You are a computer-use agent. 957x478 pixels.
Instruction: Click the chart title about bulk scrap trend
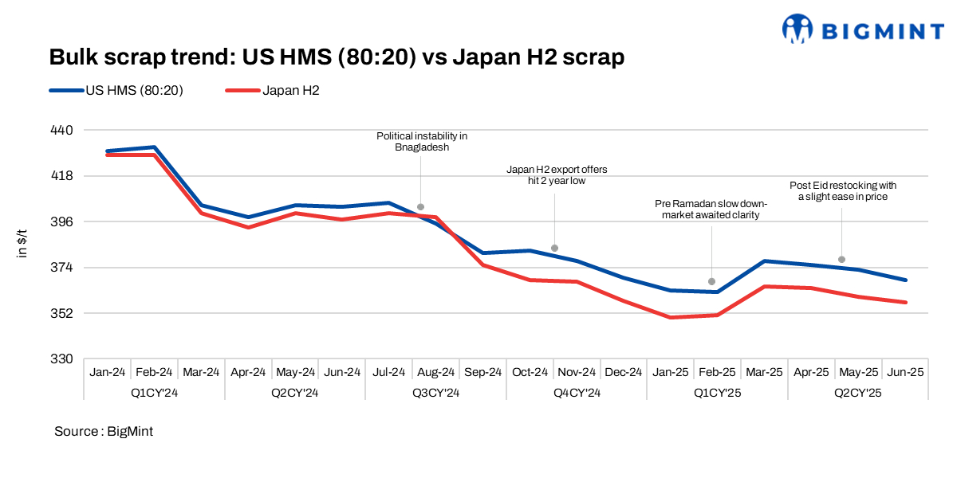336,57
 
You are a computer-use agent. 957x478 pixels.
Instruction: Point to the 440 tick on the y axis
61,130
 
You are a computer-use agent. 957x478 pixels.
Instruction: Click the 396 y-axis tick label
61,221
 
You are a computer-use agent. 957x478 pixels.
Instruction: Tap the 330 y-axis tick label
61,358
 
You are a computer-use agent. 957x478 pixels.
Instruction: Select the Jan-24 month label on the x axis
107,372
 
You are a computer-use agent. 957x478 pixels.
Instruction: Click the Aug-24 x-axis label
435,372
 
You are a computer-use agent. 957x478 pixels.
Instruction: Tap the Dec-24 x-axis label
624,372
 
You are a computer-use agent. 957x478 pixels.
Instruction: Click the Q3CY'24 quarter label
435,393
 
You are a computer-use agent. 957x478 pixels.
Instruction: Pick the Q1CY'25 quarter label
717,393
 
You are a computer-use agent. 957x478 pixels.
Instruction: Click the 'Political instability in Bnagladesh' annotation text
422,142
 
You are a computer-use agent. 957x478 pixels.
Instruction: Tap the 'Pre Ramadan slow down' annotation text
711,209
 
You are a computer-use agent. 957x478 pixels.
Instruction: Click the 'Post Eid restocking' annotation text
842,190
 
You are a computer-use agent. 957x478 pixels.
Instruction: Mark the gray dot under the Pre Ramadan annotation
711,282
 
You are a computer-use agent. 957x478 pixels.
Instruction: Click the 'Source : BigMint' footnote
104,431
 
